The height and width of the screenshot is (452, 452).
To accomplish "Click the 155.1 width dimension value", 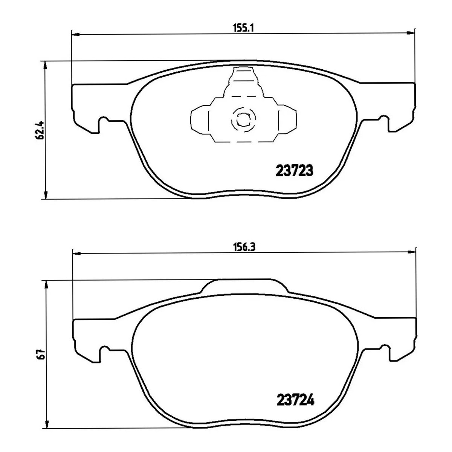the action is point(243,28).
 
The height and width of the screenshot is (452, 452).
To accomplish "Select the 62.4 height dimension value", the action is point(40,130).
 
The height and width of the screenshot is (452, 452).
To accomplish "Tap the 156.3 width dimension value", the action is point(244,247).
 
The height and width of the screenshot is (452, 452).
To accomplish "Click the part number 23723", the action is point(295,171).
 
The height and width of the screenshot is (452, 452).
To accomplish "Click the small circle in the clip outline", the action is point(243,120).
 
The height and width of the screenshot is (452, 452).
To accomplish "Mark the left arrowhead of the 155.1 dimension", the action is point(76,35).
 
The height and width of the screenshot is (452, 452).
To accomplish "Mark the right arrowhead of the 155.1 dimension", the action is point(411,33).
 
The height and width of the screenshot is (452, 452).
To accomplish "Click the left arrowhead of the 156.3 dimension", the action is point(77,253).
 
